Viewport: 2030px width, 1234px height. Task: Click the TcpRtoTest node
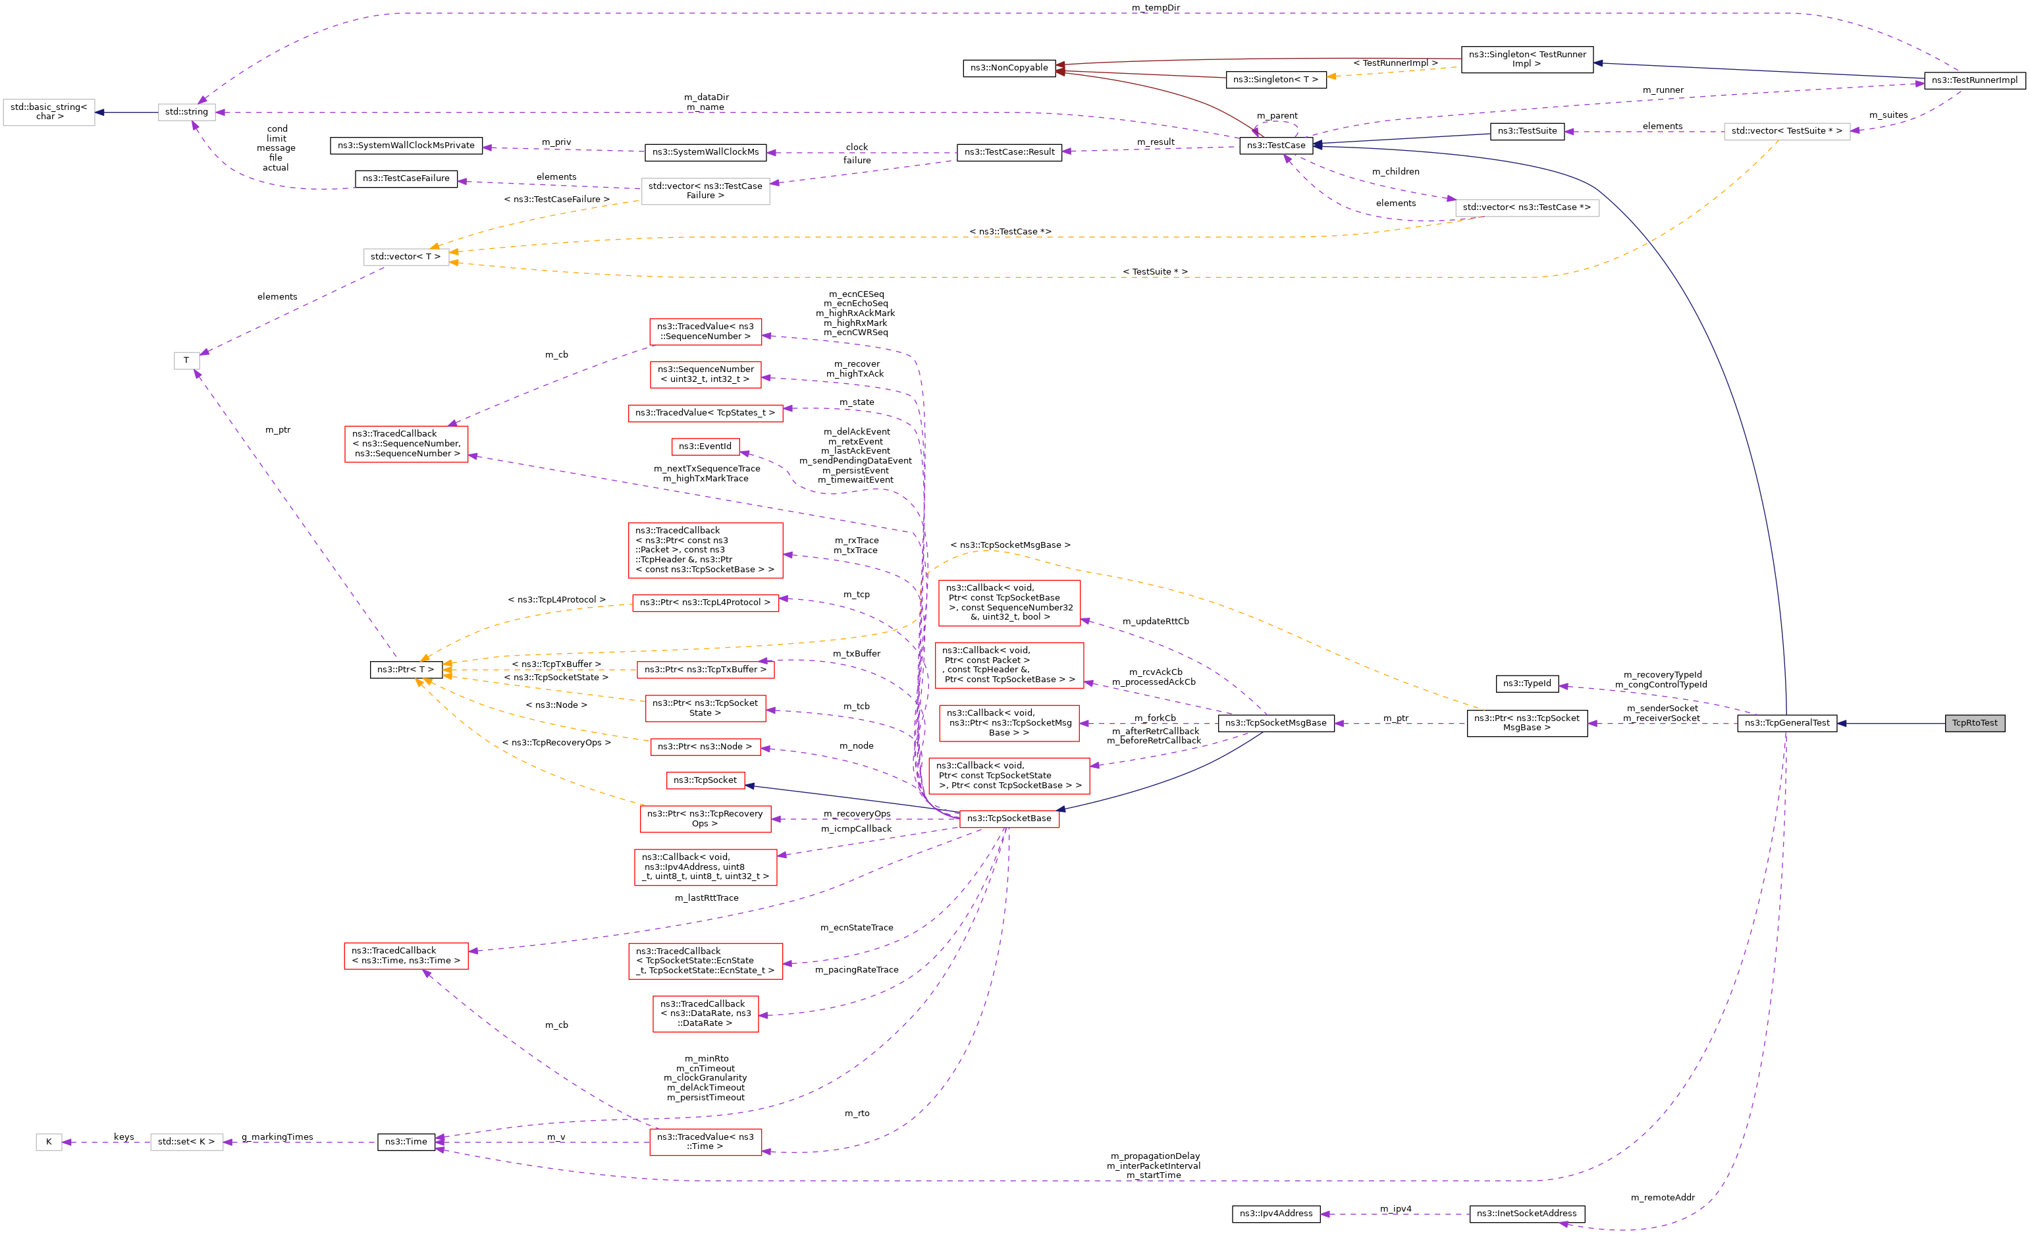[x=1974, y=723]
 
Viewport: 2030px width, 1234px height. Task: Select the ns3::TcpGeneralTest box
[x=1786, y=723]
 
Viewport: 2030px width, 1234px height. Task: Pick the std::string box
[x=186, y=112]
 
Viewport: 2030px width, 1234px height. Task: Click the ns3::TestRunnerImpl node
[x=1974, y=81]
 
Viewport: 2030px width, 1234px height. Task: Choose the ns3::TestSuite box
[x=1527, y=131]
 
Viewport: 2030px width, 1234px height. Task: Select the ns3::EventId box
[x=705, y=446]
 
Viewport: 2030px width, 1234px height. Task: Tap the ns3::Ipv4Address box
[x=1275, y=1214]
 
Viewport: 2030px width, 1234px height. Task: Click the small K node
[x=49, y=1142]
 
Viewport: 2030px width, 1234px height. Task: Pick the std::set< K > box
[x=186, y=1142]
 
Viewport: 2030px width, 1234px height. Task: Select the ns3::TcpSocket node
[x=705, y=780]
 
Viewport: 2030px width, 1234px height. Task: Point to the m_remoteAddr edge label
[x=1663, y=1198]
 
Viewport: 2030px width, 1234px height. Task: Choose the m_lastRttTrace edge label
[x=706, y=898]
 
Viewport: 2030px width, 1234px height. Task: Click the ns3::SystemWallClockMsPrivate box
[x=406, y=146]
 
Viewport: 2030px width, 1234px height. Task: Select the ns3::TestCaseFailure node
[x=406, y=178]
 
